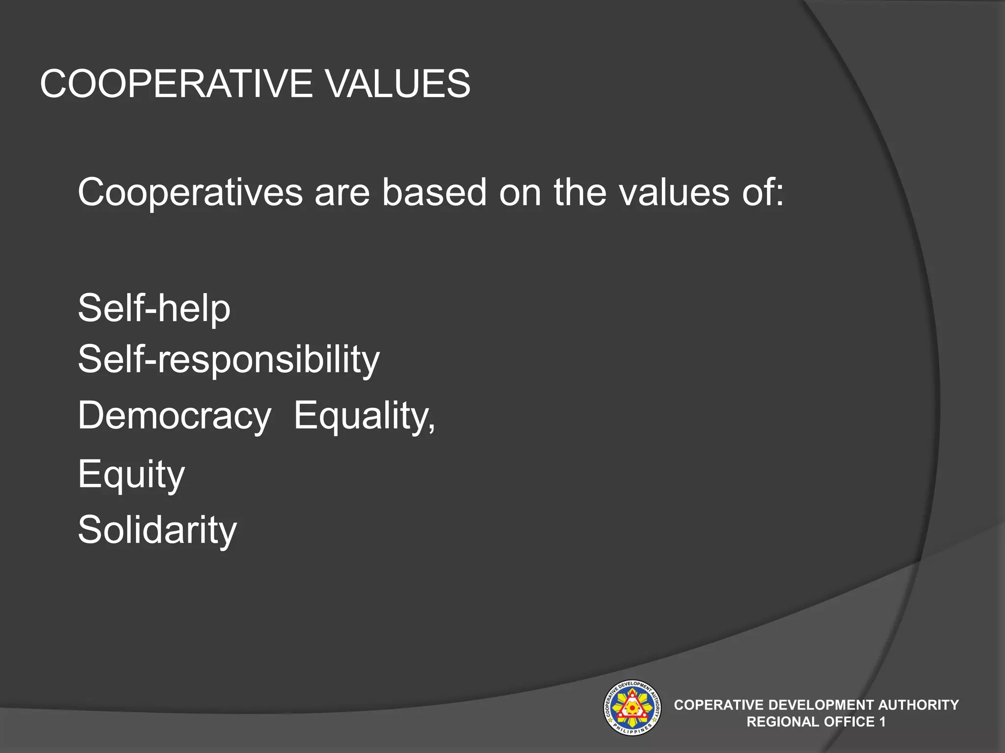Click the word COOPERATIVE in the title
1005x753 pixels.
click(176, 84)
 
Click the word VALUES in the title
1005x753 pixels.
click(398, 84)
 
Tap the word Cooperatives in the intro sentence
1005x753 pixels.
click(190, 192)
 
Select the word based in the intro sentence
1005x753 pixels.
click(434, 192)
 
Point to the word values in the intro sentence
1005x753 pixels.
click(674, 192)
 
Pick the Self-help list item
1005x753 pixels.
click(154, 308)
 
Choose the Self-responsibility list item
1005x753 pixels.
click(229, 359)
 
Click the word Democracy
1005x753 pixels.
click(174, 416)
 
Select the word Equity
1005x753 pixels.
click(131, 474)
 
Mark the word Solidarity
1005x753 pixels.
click(157, 530)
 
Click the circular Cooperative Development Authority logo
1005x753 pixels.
click(632, 708)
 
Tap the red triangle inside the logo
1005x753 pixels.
click(632, 708)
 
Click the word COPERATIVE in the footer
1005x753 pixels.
click(718, 705)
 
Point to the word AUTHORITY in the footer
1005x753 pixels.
click(918, 705)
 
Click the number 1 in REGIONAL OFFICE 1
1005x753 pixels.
click(882, 722)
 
